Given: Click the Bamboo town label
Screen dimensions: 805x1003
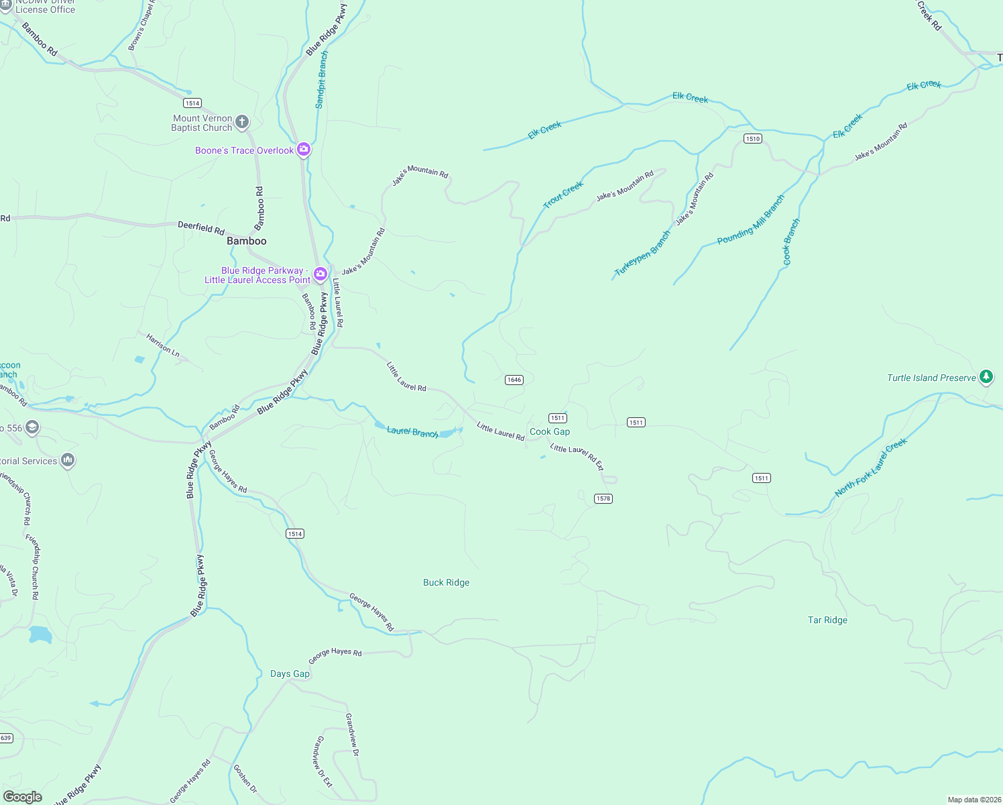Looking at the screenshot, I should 247,241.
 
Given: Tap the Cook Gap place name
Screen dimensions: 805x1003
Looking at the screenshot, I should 550,432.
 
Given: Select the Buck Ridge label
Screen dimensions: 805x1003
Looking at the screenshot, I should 447,582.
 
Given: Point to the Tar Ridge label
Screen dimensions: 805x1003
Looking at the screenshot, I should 827,620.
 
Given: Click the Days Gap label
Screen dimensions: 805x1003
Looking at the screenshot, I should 290,674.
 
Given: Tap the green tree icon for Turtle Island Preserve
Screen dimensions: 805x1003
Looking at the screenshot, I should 986,377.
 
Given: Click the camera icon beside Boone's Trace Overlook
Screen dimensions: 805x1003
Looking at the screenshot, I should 304,150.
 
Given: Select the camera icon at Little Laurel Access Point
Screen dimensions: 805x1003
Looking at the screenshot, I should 320,273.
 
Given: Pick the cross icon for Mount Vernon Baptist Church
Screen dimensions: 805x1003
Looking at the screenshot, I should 242,122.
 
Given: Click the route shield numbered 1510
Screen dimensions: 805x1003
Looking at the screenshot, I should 752,139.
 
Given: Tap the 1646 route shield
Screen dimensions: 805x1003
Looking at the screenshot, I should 514,380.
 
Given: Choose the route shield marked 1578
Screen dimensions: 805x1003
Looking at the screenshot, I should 603,498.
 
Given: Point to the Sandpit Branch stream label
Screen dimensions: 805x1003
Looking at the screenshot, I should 322,79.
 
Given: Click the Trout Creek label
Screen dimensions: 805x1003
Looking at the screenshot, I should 563,195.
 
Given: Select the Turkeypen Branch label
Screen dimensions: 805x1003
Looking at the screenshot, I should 642,254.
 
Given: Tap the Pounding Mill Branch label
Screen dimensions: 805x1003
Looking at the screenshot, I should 750,219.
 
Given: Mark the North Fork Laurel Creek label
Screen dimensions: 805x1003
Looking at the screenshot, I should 871,467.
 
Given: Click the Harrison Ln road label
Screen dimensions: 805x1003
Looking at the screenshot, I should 163,345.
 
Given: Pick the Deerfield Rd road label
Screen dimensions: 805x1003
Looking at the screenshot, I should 201,227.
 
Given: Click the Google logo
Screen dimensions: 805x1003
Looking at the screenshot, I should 23,796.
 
